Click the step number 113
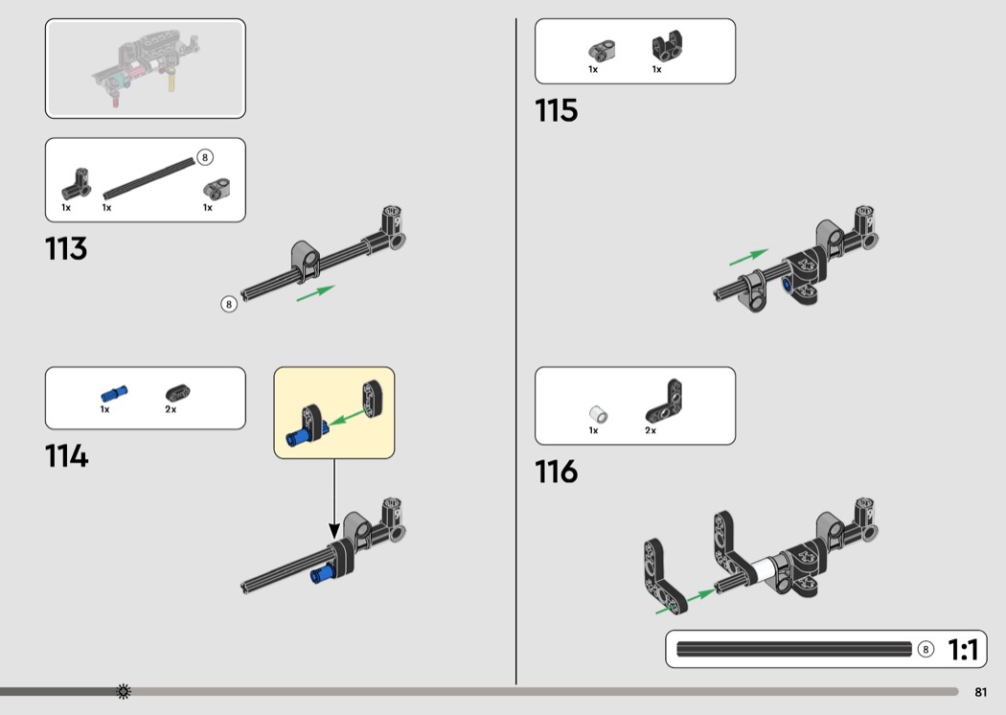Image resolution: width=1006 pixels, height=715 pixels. click(66, 249)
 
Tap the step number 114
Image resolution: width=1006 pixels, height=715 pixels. click(66, 456)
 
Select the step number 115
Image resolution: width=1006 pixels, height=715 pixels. click(557, 111)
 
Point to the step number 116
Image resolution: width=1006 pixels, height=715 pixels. click(557, 472)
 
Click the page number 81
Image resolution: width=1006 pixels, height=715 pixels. click(980, 692)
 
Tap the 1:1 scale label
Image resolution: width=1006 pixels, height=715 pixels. click(963, 650)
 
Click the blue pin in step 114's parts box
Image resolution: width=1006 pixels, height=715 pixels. click(113, 394)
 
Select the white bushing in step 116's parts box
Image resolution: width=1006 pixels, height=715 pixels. click(597, 414)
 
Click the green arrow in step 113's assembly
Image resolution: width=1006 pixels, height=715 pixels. click(315, 292)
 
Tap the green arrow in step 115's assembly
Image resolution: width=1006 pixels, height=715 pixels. click(748, 257)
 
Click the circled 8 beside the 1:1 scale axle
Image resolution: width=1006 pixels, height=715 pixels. click(926, 650)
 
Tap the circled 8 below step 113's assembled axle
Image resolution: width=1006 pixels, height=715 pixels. click(229, 305)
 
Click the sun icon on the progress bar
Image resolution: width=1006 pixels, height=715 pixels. click(123, 692)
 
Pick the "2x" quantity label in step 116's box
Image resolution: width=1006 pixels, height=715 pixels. click(651, 431)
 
